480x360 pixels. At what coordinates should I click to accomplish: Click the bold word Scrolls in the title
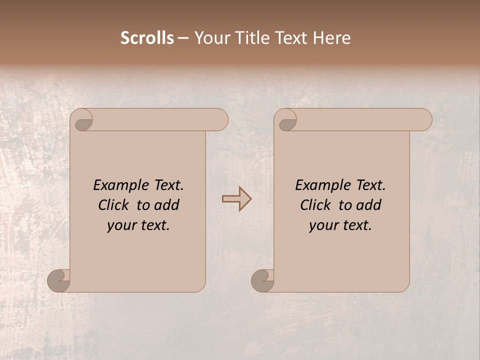click(147, 38)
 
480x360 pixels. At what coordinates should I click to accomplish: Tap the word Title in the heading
click(251, 38)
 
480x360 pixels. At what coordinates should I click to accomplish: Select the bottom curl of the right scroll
click(262, 280)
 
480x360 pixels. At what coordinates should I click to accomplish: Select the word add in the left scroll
click(167, 205)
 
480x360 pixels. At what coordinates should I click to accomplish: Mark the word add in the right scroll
click(369, 205)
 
